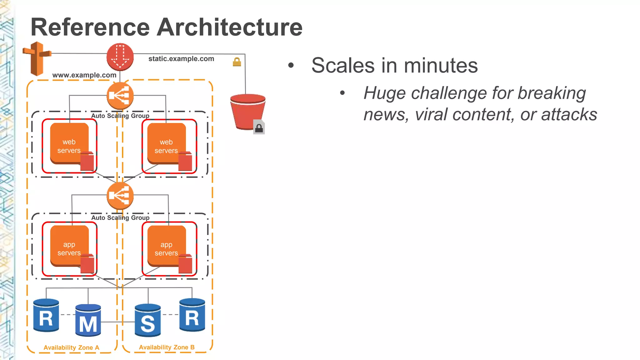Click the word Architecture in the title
click(229, 27)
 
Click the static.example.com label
click(181, 59)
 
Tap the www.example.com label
click(84, 75)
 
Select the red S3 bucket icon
click(247, 111)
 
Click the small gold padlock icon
click(237, 62)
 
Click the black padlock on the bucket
click(259, 128)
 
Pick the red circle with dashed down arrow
click(120, 57)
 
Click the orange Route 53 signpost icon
click(37, 58)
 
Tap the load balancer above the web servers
click(120, 96)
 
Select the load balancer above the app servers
click(120, 196)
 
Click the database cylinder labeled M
click(88, 320)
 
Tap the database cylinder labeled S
click(148, 320)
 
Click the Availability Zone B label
click(167, 347)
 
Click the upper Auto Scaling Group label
click(120, 116)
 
